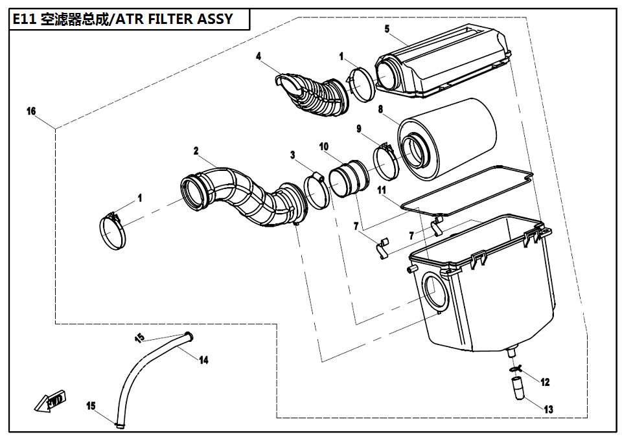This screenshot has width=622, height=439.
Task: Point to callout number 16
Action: pyautogui.click(x=30, y=111)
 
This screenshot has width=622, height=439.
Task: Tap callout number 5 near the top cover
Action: pyautogui.click(x=387, y=28)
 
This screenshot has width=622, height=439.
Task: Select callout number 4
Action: pyautogui.click(x=259, y=56)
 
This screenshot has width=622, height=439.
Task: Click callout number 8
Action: pyautogui.click(x=381, y=110)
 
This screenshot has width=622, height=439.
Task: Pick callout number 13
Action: pyautogui.click(x=548, y=409)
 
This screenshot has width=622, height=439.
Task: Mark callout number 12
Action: pyautogui.click(x=544, y=382)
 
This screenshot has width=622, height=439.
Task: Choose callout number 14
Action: pyautogui.click(x=203, y=360)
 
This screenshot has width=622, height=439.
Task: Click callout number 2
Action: pyautogui.click(x=196, y=150)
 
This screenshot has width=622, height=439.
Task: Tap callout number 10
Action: pyautogui.click(x=324, y=147)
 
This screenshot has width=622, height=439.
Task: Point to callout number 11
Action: pyautogui.click(x=382, y=190)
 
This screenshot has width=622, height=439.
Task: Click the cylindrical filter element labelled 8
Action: pyautogui.click(x=447, y=139)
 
